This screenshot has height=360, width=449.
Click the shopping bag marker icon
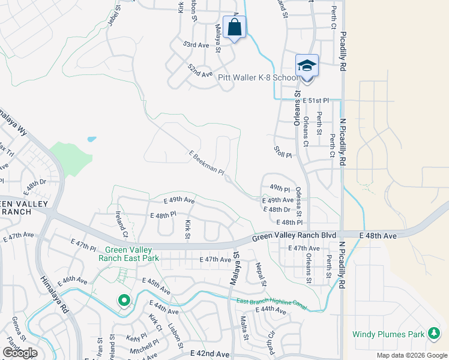(x=234, y=27)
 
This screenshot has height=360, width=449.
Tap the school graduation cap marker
(x=307, y=65)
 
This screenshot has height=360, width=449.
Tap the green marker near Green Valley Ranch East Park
(x=124, y=300)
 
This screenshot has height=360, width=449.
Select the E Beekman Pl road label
(x=206, y=163)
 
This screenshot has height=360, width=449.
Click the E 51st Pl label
(x=316, y=100)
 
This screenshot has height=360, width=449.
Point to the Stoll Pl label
(x=282, y=151)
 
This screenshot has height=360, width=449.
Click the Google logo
(x=20, y=353)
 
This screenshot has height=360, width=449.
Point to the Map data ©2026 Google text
(x=411, y=355)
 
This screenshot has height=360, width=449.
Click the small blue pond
(x=91, y=139)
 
